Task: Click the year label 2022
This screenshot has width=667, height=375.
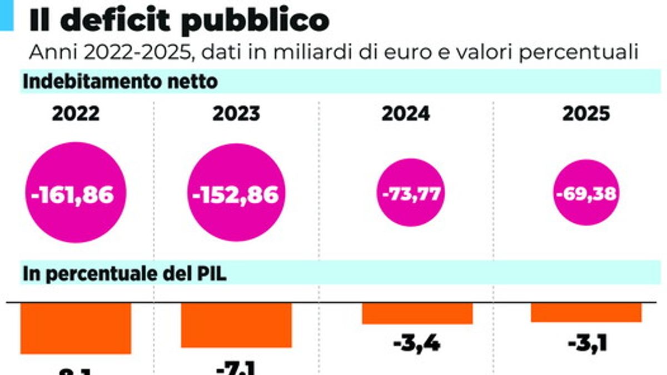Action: click(76, 114)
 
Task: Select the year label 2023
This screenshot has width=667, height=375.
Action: click(236, 114)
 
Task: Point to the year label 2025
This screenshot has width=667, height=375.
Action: click(586, 114)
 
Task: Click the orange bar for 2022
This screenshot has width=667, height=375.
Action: click(76, 328)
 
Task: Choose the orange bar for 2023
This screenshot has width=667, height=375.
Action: click(236, 325)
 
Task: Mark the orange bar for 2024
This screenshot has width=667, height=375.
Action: click(417, 313)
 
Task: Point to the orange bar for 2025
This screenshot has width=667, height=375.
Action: click(586, 312)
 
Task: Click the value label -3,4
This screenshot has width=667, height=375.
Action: click(417, 344)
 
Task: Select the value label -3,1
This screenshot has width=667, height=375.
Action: click(587, 344)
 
